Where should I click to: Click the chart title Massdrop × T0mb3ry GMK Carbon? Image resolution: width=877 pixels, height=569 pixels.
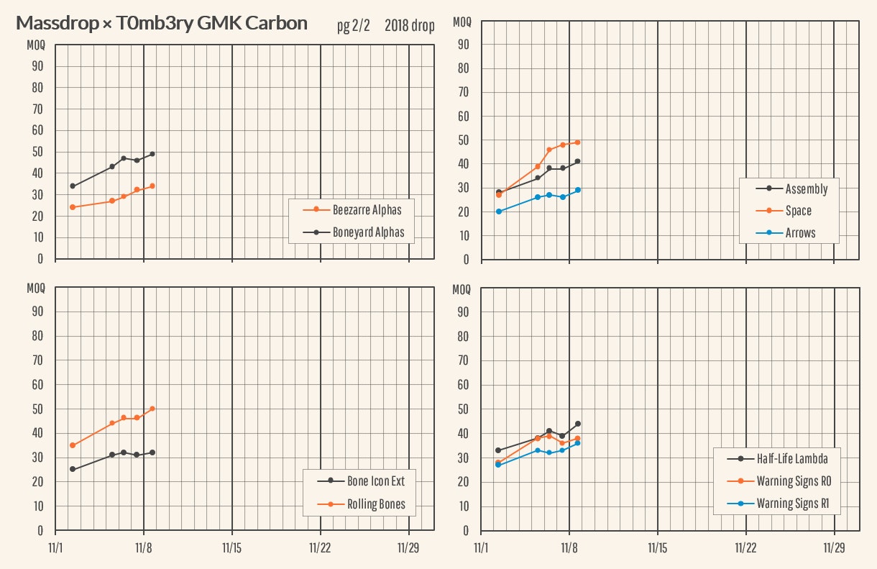click(x=162, y=23)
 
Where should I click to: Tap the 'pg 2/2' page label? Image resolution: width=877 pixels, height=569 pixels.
click(x=353, y=26)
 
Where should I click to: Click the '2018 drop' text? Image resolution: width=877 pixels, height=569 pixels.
click(x=409, y=26)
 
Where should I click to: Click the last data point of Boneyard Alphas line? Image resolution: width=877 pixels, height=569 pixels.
click(x=152, y=154)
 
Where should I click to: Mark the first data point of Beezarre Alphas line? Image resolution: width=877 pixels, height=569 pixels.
click(x=73, y=207)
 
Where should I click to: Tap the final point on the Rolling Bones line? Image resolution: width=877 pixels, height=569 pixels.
click(x=152, y=409)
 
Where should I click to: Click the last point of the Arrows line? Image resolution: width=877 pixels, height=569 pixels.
click(x=578, y=190)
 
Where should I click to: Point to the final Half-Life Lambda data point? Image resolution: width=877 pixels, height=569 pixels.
click(x=578, y=424)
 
